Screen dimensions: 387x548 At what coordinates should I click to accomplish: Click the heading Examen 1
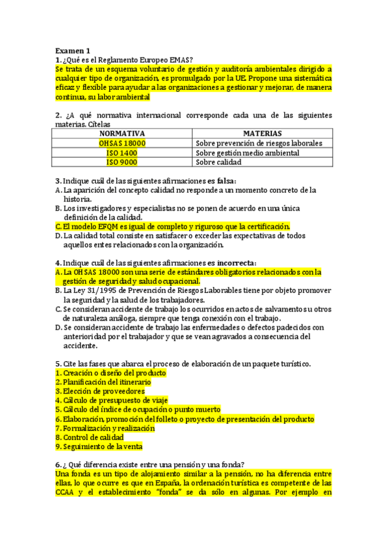(x=72, y=50)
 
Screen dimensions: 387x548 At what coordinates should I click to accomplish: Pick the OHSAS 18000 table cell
(x=122, y=143)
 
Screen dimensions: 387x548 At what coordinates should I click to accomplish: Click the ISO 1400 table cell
(x=122, y=153)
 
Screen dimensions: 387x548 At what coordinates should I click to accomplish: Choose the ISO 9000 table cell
(x=122, y=162)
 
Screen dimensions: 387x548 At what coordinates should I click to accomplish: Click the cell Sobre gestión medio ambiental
(x=247, y=153)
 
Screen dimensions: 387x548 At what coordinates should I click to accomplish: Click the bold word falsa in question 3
(x=224, y=180)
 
